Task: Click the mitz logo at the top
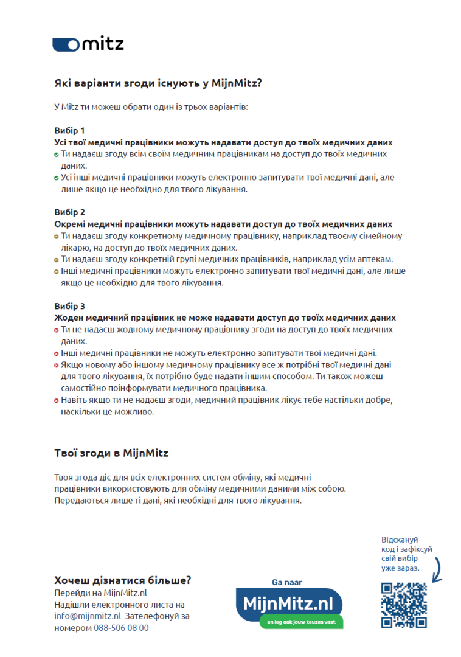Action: click(x=88, y=44)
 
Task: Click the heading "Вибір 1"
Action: click(x=69, y=130)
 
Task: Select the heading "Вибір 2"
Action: click(x=69, y=212)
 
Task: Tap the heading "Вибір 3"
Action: click(x=69, y=306)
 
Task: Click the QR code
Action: click(x=404, y=605)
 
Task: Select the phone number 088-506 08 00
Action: click(x=121, y=628)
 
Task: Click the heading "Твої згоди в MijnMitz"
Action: click(x=111, y=453)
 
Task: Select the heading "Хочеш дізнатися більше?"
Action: click(x=123, y=580)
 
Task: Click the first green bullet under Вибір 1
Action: click(x=57, y=155)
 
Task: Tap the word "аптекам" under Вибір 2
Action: click(x=378, y=259)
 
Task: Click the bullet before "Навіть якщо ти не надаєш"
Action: click(x=57, y=400)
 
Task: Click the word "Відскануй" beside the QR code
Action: click(x=400, y=540)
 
